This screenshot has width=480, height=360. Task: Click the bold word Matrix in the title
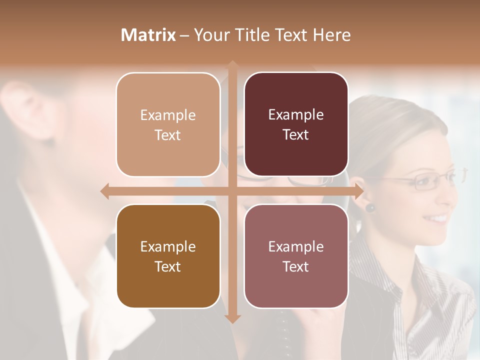[148, 35]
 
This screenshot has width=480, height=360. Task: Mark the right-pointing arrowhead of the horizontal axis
[359, 191]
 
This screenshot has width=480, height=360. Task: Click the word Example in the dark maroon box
[296, 115]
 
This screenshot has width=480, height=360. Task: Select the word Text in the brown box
[168, 266]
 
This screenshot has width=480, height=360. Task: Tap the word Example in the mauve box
[296, 246]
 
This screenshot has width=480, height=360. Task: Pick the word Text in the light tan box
[168, 135]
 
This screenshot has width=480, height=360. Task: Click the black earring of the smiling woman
[370, 207]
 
